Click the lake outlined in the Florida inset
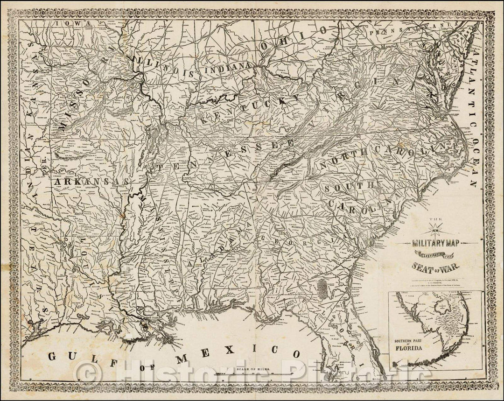(441, 306)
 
